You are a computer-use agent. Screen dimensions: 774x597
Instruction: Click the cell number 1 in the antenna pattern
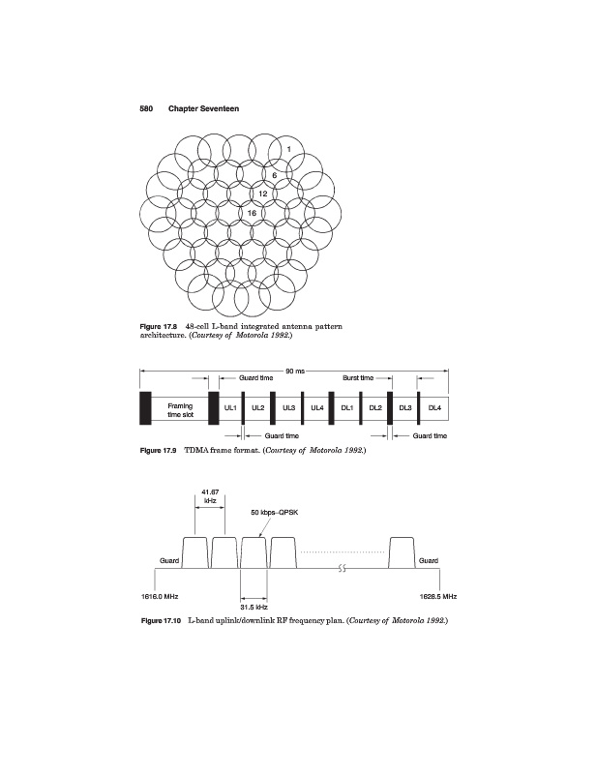[287, 148]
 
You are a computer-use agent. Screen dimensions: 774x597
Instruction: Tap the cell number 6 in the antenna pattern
[274, 175]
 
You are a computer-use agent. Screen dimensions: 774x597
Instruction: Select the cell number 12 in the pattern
[262, 193]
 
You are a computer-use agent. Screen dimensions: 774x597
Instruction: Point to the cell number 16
[252, 212]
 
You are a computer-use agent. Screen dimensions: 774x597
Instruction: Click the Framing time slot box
[180, 409]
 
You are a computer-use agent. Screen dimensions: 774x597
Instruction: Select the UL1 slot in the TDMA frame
[230, 408]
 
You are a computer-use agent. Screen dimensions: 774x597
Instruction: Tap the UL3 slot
[288, 408]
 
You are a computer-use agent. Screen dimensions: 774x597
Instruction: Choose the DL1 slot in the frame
[345, 408]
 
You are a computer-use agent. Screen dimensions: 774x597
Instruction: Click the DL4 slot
[434, 408]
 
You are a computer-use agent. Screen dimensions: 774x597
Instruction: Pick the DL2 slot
[374, 408]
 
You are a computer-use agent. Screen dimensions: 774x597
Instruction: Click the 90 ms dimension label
[295, 371]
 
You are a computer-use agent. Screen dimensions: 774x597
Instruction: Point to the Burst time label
[359, 377]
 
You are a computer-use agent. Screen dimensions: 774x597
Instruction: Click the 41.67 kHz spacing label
[210, 496]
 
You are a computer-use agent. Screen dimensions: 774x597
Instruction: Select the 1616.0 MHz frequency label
[160, 596]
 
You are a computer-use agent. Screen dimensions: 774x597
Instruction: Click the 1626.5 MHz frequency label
[437, 596]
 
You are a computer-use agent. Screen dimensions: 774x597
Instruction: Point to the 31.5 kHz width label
[254, 608]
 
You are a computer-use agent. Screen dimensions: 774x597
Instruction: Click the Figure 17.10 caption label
[162, 619]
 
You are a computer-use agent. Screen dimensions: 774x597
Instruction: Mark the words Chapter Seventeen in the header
[203, 108]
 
